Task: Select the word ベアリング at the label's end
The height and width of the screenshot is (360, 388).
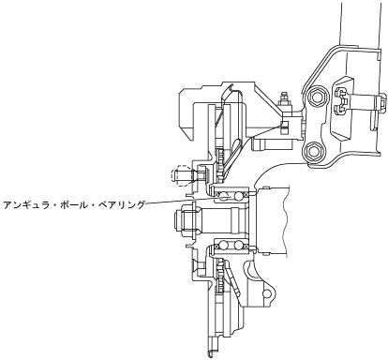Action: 122,205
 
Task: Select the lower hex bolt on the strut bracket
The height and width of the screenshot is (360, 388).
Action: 312,151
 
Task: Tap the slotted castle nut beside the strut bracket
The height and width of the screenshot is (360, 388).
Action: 341,101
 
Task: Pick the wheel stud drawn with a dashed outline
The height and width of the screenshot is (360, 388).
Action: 181,175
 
